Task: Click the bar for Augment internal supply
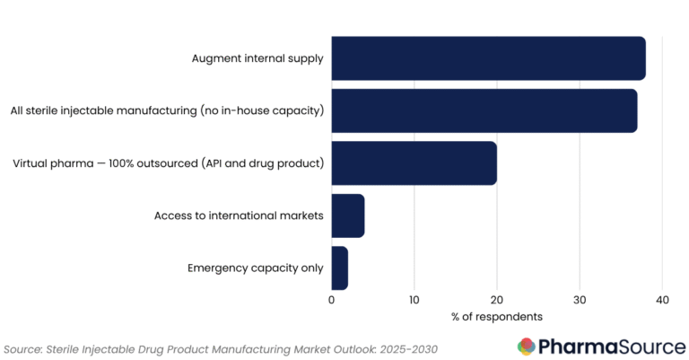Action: coord(488,58)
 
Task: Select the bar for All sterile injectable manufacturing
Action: coord(484,111)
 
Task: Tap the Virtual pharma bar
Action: coord(414,163)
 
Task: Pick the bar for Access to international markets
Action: coord(348,215)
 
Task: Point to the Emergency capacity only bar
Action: coord(340,268)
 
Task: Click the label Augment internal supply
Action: coord(257,58)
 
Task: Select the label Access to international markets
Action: coord(239,215)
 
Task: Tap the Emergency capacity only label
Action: coord(256,268)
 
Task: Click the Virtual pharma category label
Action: coord(168,163)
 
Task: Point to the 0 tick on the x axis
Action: coord(332,299)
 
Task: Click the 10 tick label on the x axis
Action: coord(414,299)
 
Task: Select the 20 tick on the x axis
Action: coord(497,299)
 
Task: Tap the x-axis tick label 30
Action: coord(580,299)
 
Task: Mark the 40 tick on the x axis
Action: coord(662,299)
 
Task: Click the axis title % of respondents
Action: coord(497,317)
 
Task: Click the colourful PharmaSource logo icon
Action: coord(528,346)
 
